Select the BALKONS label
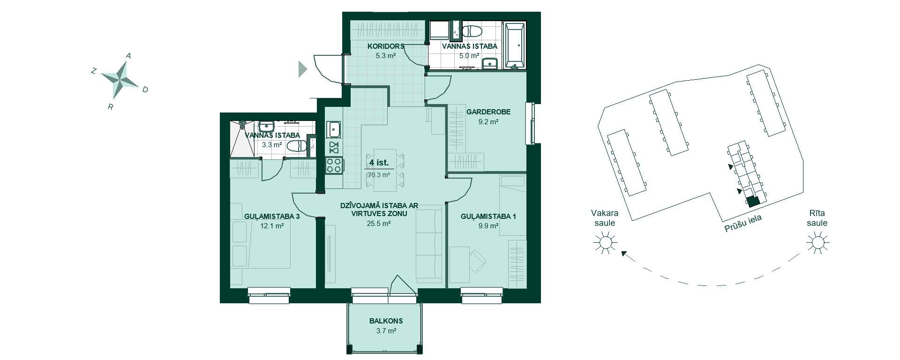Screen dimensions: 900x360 tap(386, 321)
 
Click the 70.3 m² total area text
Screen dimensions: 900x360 tap(379, 175)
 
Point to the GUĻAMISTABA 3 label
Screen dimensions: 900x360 tap(272, 217)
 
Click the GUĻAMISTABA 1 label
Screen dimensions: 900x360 tap(488, 217)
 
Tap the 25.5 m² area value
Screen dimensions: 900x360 tap(379, 224)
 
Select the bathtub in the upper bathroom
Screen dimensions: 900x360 tap(514, 45)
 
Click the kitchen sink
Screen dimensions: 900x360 tap(334, 128)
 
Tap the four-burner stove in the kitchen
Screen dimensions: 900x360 tap(334, 165)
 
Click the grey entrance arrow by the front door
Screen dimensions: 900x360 tap(303, 69)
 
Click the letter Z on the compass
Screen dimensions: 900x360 tap(94, 71)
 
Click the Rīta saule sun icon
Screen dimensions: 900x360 tap(817, 242)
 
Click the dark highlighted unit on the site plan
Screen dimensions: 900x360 tap(753, 202)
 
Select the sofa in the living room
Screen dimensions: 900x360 tap(429, 246)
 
